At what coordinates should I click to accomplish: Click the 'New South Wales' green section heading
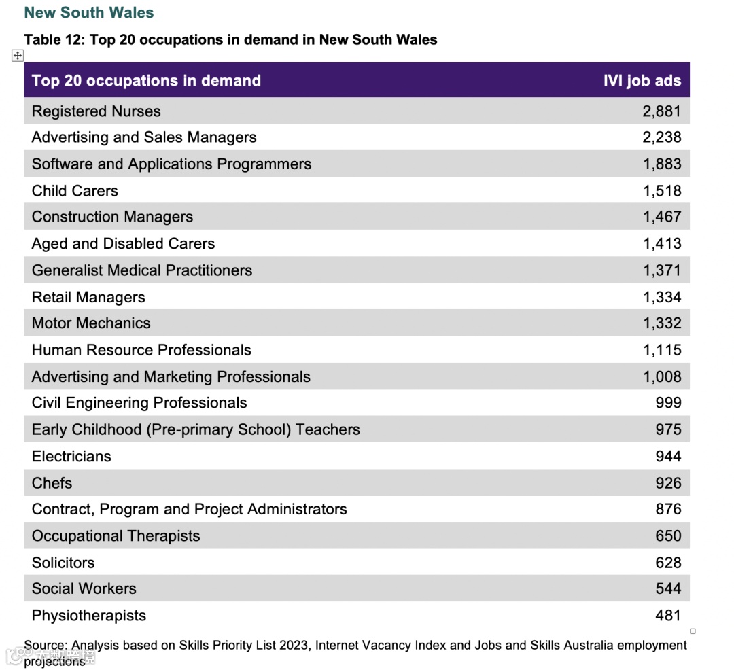[89, 12]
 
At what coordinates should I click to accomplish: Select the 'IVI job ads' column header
[642, 80]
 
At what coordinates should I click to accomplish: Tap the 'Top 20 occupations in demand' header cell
[146, 80]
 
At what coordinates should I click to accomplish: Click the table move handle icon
[18, 56]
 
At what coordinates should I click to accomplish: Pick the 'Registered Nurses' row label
[96, 111]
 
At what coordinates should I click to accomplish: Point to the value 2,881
[661, 111]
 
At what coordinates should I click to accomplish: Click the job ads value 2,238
[661, 137]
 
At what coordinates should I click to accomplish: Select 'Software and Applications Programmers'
[171, 164]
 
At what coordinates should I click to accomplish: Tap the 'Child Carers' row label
[75, 190]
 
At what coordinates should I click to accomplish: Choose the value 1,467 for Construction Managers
[661, 217]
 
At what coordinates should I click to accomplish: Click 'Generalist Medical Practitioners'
[141, 270]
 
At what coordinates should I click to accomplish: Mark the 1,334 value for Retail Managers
[661, 297]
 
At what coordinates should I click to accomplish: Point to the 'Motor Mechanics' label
[91, 323]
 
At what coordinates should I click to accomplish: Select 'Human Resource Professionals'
[141, 350]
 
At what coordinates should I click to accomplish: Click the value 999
[668, 403]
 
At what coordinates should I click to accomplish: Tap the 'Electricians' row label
[71, 456]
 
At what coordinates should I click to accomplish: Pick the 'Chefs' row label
[52, 483]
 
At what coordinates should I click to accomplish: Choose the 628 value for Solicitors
[668, 563]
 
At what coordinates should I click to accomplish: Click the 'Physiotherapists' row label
[89, 616]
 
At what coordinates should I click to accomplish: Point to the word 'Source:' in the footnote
[46, 645]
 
